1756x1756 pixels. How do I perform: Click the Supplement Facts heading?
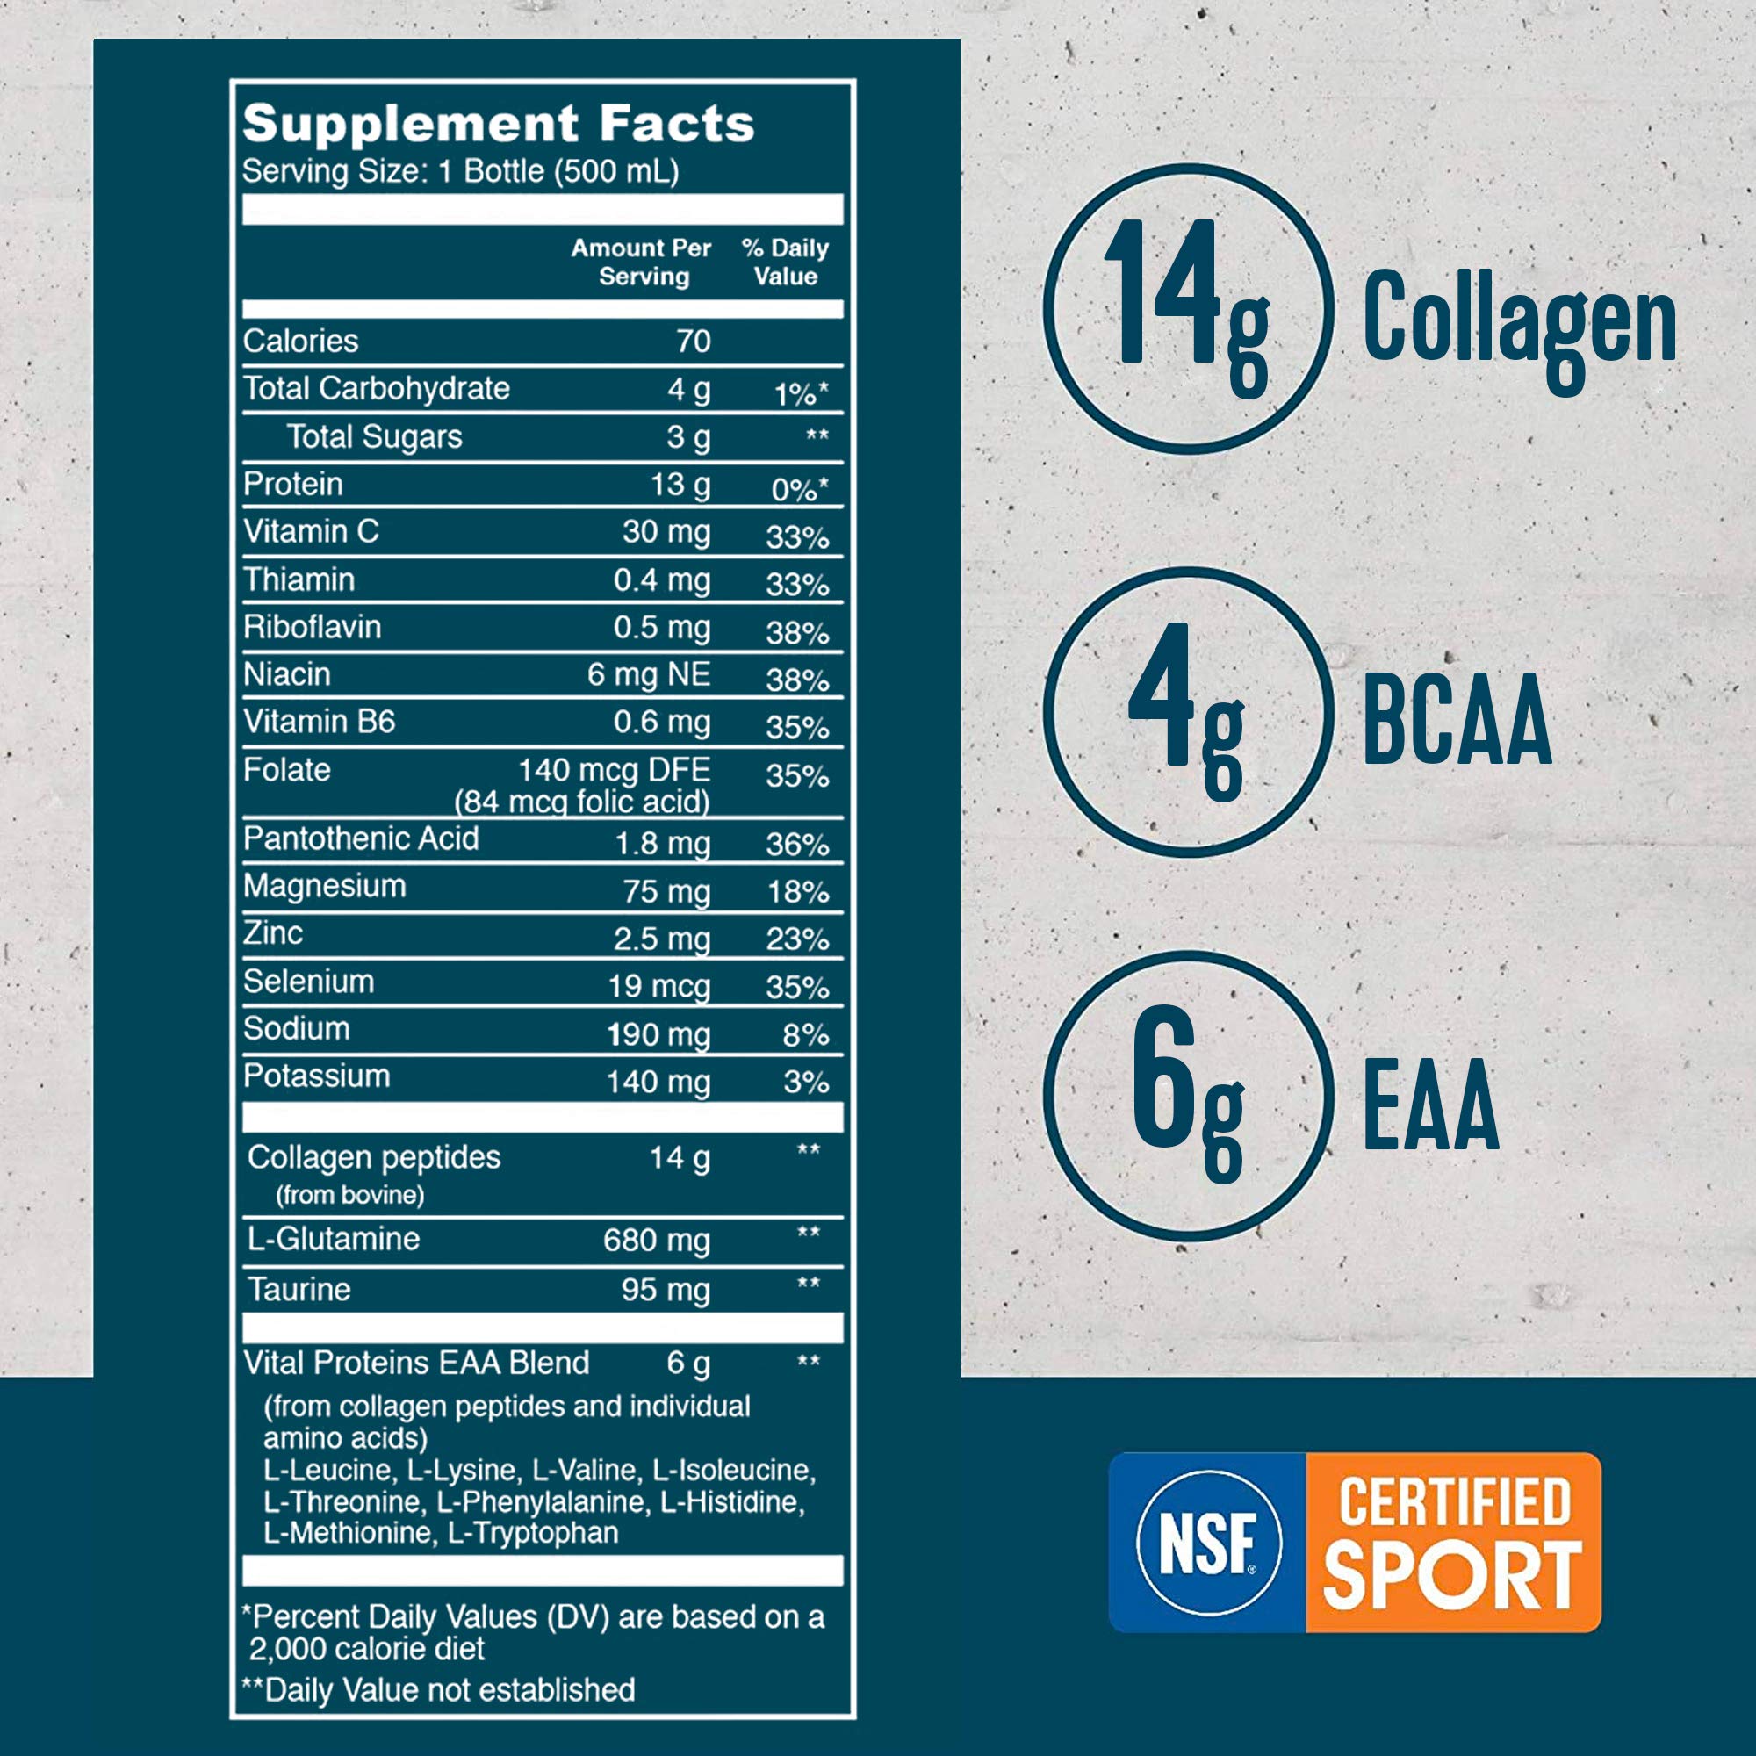click(x=498, y=124)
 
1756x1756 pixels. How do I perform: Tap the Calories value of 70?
click(x=693, y=342)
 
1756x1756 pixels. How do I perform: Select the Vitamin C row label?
click(x=311, y=532)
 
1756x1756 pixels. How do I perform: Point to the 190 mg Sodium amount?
click(x=658, y=1034)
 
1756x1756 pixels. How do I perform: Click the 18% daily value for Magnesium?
click(x=797, y=893)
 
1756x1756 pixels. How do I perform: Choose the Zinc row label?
click(x=273, y=933)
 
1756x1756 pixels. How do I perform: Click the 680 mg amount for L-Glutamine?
click(x=656, y=1241)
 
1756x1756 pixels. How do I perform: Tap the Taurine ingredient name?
click(x=299, y=1290)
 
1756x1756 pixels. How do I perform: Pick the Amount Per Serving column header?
click(x=642, y=262)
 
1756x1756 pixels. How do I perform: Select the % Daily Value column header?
click(x=785, y=262)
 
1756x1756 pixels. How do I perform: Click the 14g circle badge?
click(x=1188, y=309)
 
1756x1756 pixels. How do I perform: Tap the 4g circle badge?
click(x=1188, y=712)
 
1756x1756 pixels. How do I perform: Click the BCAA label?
click(x=1457, y=720)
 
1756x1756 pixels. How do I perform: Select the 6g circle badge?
click(x=1188, y=1096)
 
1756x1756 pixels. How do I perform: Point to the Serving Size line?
click(x=460, y=172)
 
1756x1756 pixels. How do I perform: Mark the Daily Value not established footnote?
click(x=438, y=1690)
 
